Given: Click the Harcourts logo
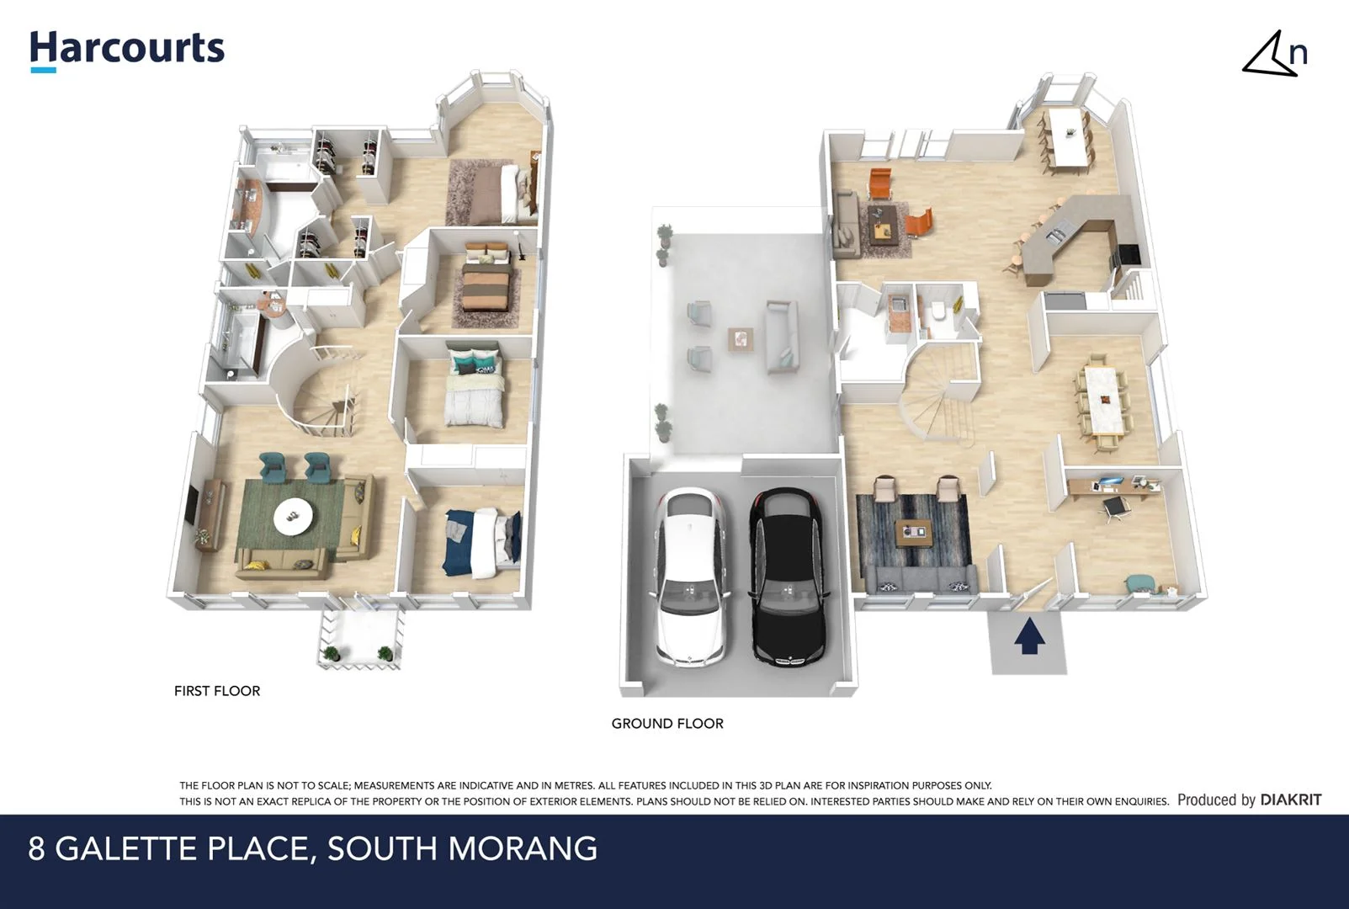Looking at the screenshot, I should pyautogui.click(x=127, y=50).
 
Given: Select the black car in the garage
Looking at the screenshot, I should pyautogui.click(x=789, y=577).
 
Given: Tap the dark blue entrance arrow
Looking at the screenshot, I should pyautogui.click(x=1028, y=636).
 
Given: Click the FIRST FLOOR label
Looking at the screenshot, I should pyautogui.click(x=217, y=691).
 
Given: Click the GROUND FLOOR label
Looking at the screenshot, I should pyautogui.click(x=667, y=724).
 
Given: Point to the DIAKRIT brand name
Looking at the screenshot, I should pyautogui.click(x=1291, y=800).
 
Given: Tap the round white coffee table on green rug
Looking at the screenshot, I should pyautogui.click(x=293, y=515).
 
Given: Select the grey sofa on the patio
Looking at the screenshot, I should pyautogui.click(x=781, y=337).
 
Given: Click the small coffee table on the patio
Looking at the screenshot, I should pyautogui.click(x=740, y=339).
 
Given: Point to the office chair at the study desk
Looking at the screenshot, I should pyautogui.click(x=1116, y=508).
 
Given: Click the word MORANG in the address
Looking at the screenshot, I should pyautogui.click(x=523, y=848).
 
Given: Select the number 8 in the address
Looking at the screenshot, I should pyautogui.click(x=36, y=848).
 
